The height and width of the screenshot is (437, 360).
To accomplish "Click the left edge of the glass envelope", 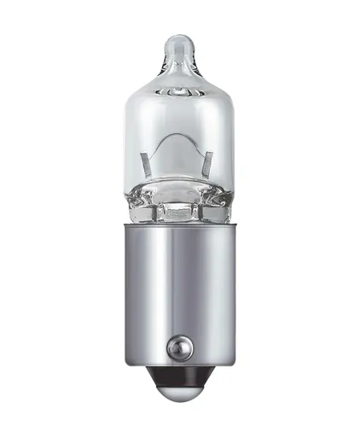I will pyautogui.click(x=129, y=137).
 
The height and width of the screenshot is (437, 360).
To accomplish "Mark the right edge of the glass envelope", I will pyautogui.click(x=232, y=137).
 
